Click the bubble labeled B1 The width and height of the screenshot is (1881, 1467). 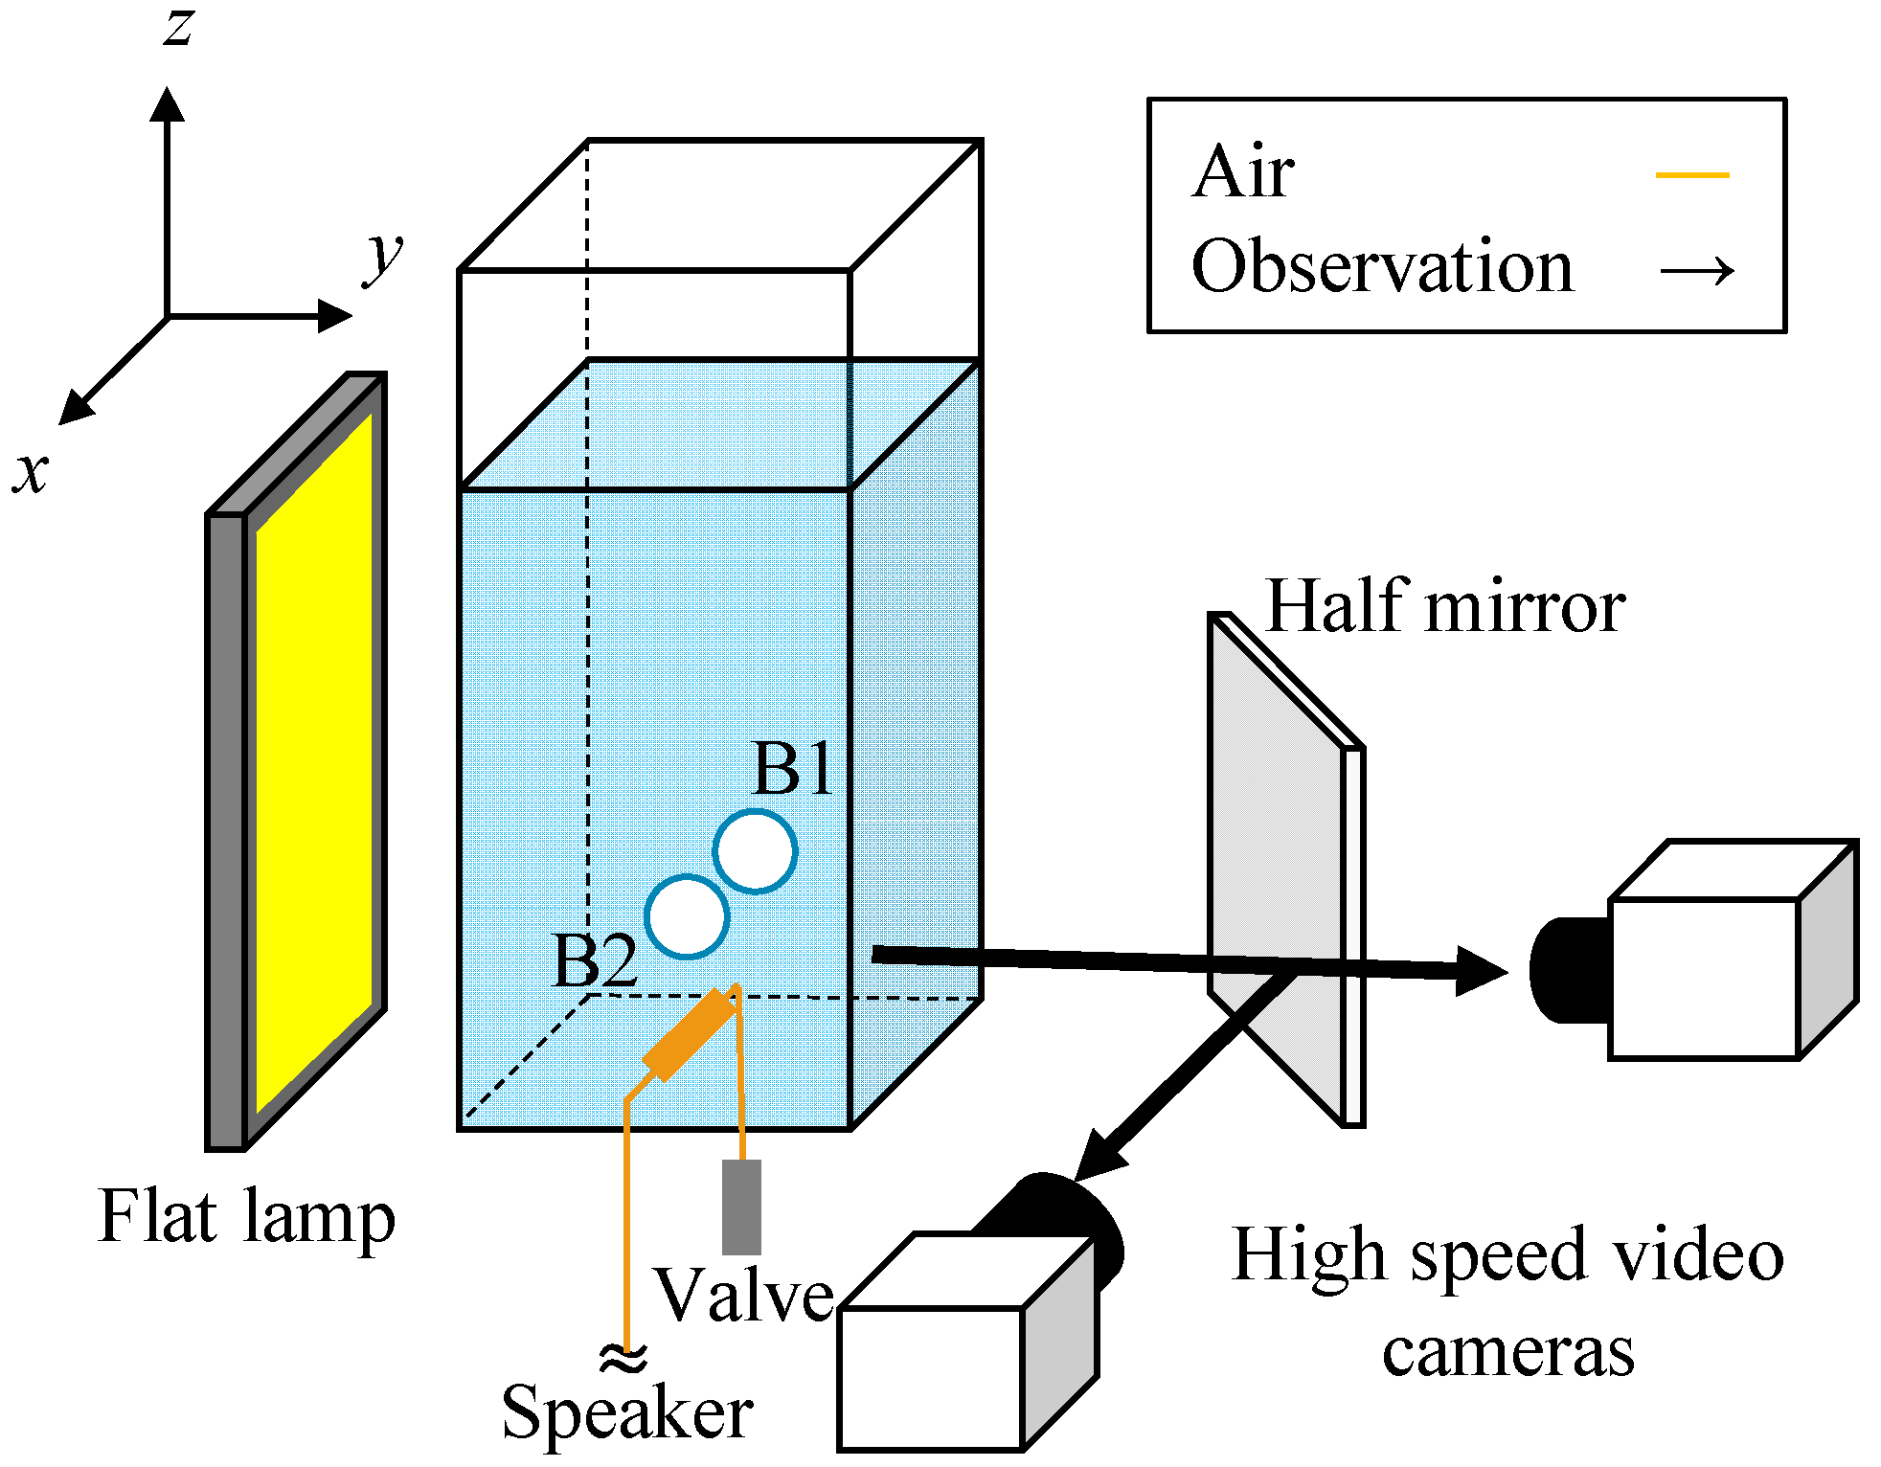(x=755, y=851)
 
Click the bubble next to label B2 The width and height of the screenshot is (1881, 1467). (x=687, y=916)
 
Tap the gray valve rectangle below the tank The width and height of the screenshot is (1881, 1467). (x=741, y=1207)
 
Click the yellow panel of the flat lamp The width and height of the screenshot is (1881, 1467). (x=313, y=761)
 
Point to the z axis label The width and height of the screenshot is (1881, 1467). (x=178, y=26)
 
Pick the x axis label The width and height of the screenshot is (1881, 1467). (x=31, y=472)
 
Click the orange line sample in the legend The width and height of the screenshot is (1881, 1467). (x=1692, y=175)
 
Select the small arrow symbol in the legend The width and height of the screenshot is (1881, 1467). (x=1697, y=271)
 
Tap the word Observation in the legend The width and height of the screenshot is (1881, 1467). (x=1382, y=266)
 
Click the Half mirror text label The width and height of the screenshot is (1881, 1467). (x=1445, y=606)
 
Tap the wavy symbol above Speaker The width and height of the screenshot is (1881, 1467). (x=623, y=1357)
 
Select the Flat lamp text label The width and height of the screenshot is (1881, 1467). (x=246, y=1217)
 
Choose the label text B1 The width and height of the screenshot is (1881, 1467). (x=793, y=768)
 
